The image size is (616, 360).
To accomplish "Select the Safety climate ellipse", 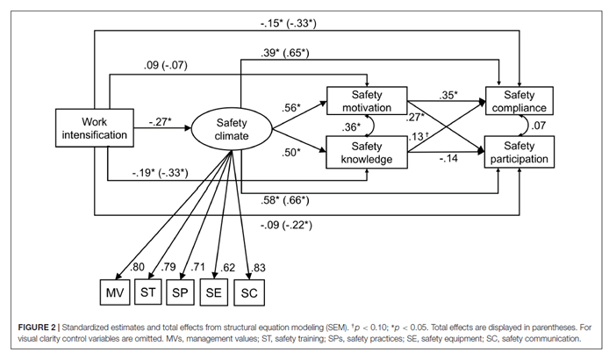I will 233,130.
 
